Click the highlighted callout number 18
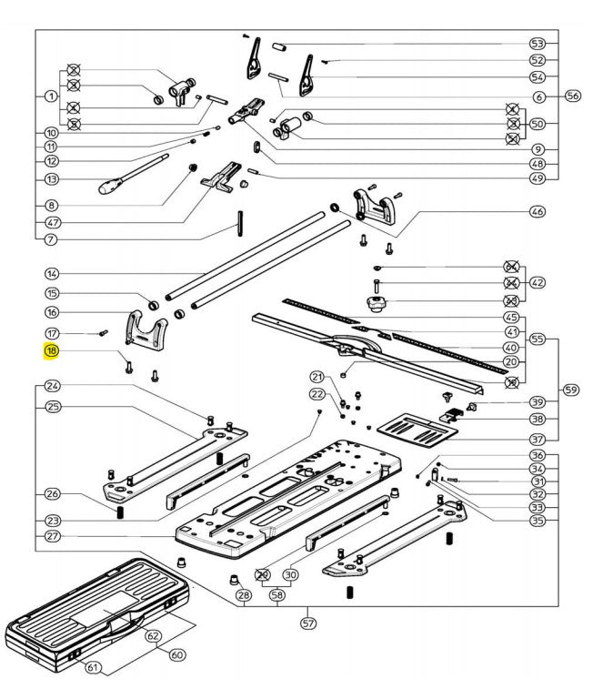52,350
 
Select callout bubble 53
538,44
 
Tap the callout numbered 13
52,180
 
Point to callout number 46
538,211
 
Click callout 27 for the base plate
52,536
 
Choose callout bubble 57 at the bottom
308,623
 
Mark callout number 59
571,390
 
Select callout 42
538,282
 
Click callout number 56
572,96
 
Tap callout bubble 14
52,273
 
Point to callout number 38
538,420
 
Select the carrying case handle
126,625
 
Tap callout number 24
52,386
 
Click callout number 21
317,377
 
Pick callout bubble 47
52,222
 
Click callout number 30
291,574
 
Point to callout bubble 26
52,494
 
